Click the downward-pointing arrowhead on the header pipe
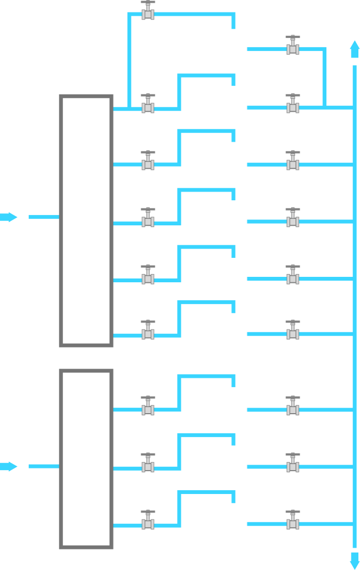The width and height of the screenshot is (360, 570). tap(355, 560)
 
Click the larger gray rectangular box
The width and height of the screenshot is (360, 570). tap(86, 220)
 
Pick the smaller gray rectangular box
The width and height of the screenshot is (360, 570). tap(86, 459)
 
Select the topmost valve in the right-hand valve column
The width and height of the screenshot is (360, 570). tap(293, 46)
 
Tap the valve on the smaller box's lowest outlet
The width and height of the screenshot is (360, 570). tap(148, 521)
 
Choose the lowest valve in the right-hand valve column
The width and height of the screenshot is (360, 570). tap(293, 521)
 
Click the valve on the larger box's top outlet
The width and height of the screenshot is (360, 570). tap(148, 105)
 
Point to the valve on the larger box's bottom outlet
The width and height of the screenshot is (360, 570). tap(148, 331)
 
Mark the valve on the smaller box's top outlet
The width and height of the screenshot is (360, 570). tap(148, 407)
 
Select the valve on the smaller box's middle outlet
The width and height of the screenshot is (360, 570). tap(148, 464)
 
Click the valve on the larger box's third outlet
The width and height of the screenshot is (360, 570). tap(148, 219)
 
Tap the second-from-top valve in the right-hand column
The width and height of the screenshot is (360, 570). tap(293, 105)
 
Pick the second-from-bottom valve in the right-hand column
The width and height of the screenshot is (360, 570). tap(293, 464)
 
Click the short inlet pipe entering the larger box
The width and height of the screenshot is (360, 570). tap(43, 217)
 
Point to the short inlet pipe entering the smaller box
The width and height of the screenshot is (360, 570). tap(43, 466)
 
